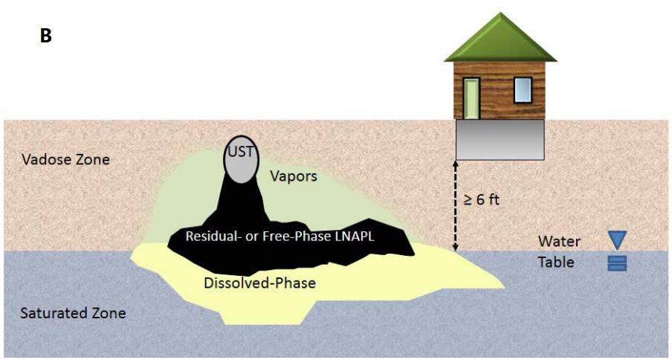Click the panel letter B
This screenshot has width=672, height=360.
pos(45,35)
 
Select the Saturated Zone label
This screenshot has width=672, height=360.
pos(73,312)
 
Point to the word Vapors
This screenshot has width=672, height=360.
pos(293,177)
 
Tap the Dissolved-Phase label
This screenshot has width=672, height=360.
pos(260,283)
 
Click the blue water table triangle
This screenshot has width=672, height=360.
pos(618,240)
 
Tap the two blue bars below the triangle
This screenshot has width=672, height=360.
pos(618,263)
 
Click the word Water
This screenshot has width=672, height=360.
pos(559,241)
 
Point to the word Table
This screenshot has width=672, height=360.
pos(557,262)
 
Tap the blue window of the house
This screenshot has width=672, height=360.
pos(523,90)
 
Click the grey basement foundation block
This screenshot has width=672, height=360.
pos(500,139)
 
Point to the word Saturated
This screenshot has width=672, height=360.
pos(54,312)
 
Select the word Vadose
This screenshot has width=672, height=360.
pos(44,160)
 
